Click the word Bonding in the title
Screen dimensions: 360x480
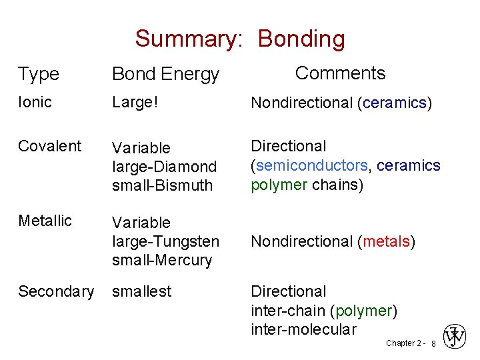point(301,39)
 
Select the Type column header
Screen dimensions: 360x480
point(38,74)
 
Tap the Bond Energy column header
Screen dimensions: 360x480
point(165,74)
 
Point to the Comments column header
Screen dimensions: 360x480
point(340,73)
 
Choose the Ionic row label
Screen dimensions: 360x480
point(35,102)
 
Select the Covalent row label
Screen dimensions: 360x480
point(50,146)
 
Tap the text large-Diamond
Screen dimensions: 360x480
point(164,166)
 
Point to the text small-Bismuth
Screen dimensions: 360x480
point(162,185)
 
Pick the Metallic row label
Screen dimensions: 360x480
point(45,221)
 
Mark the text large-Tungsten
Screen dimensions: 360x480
point(166,241)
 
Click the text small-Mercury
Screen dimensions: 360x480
point(162,259)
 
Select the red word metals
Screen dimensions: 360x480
point(385,241)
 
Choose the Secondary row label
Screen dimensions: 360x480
point(56,291)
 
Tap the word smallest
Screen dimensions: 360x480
point(141,291)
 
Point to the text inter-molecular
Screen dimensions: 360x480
point(303,329)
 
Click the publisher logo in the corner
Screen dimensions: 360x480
point(456,337)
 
